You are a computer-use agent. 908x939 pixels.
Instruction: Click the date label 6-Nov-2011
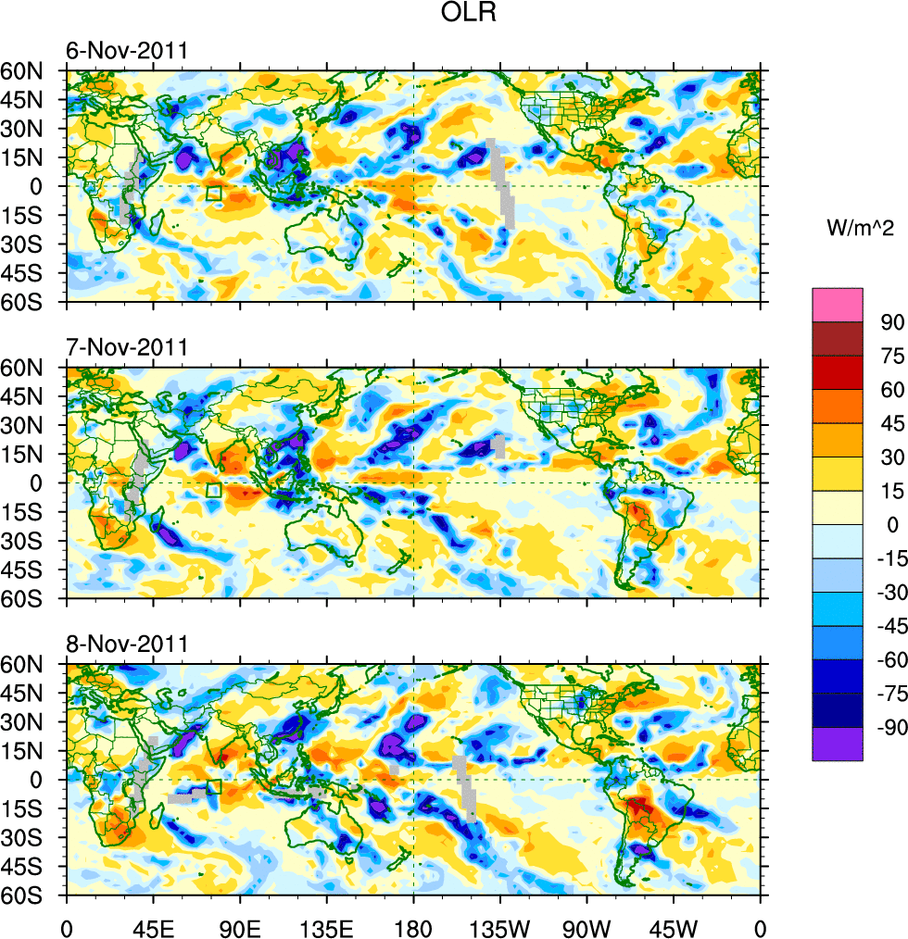pyautogui.click(x=127, y=50)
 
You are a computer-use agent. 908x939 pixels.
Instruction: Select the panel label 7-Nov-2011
pyautogui.click(x=127, y=347)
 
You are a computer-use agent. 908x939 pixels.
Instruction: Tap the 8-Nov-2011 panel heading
pyautogui.click(x=127, y=644)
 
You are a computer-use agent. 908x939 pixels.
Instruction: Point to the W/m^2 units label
pyautogui.click(x=857, y=227)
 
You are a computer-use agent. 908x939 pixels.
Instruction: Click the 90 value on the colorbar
pyautogui.click(x=891, y=320)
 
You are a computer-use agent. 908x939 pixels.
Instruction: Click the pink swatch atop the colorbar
pyautogui.click(x=838, y=305)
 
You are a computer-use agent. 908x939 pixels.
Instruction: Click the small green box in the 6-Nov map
pyautogui.click(x=214, y=194)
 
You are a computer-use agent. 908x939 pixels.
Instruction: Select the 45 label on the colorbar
pyautogui.click(x=891, y=423)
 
